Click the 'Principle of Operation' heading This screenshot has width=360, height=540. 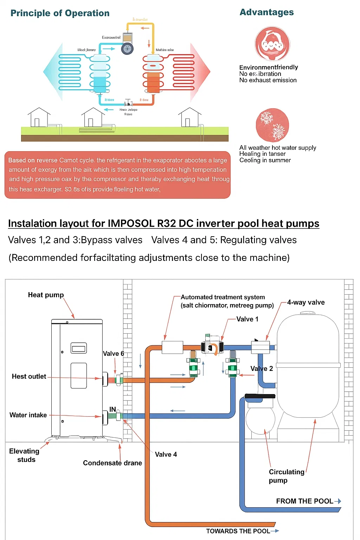60,13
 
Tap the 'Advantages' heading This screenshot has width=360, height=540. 266,12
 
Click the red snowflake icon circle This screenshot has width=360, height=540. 272,125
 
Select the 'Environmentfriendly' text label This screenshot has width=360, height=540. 269,67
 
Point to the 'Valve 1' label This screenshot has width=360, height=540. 247,319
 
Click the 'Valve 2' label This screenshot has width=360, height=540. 262,368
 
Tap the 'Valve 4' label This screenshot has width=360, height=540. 166,454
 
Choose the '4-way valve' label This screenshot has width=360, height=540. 306,302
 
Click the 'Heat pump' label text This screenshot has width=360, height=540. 46,295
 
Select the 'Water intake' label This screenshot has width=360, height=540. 28,415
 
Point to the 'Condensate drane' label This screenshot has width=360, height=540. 112,463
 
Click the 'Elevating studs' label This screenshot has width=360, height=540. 25,455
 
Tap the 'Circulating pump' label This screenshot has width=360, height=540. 286,476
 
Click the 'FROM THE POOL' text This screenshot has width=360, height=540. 304,501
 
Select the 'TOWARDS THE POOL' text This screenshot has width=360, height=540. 238,531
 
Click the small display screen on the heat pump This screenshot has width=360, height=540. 79,348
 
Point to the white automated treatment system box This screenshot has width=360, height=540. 172,347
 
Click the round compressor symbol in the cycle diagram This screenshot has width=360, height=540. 127,49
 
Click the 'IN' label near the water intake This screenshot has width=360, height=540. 112,409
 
